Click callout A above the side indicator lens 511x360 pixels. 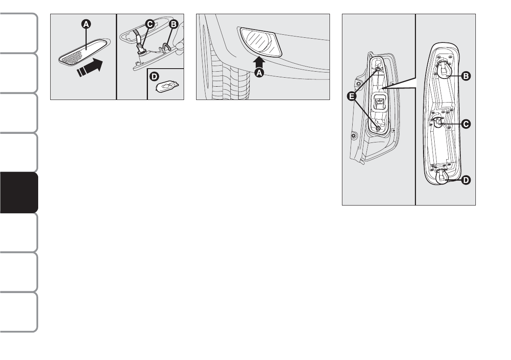tap(86, 24)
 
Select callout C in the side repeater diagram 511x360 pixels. tap(149, 24)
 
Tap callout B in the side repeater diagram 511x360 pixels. tap(173, 24)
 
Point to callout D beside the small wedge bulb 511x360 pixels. tap(154, 76)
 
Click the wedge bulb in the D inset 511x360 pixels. tap(166, 87)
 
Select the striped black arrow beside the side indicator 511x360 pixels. tap(90, 67)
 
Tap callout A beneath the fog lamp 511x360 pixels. tap(259, 73)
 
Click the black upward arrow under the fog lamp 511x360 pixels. tap(259, 62)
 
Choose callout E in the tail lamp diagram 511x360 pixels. tap(352, 96)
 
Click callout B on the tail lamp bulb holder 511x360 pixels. tap(466, 76)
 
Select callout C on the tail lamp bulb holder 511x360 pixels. tap(466, 124)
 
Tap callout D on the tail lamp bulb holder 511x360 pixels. tap(466, 180)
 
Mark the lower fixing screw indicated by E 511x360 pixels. tap(378, 128)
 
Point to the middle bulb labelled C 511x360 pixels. tap(438, 123)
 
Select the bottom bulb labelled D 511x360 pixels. tap(442, 177)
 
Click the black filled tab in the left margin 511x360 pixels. tap(19, 193)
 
